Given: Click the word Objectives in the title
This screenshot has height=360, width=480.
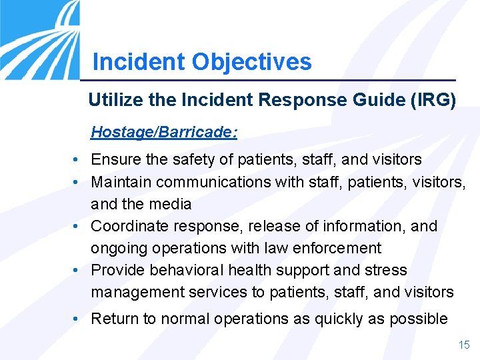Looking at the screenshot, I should pyautogui.click(x=251, y=62).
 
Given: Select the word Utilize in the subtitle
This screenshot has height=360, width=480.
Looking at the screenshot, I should pyautogui.click(x=111, y=101).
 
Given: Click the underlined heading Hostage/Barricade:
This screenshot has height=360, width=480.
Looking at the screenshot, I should pyautogui.click(x=164, y=132).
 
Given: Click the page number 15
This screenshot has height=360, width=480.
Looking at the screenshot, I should pyautogui.click(x=463, y=345).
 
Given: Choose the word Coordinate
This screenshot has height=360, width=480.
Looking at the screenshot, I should pyautogui.click(x=125, y=226).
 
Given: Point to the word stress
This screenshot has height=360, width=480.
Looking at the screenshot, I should pyautogui.click(x=386, y=270).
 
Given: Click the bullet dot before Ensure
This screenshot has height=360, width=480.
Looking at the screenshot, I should pyautogui.click(x=78, y=161).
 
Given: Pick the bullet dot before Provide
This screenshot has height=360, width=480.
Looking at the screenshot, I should pyautogui.click(x=78, y=271).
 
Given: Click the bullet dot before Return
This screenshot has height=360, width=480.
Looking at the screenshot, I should pyautogui.click(x=78, y=319).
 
